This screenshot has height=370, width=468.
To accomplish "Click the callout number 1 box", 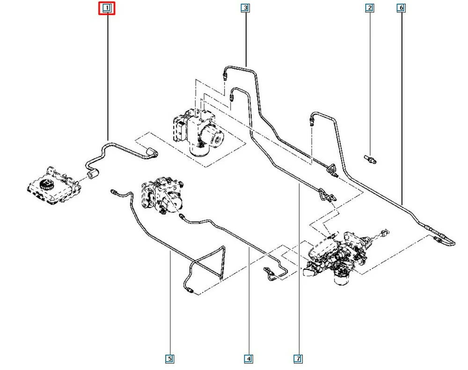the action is point(107,8).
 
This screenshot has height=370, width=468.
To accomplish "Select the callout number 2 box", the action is point(370,8).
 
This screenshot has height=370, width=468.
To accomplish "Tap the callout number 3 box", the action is point(245,8).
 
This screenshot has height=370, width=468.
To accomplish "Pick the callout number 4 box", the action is point(249,359).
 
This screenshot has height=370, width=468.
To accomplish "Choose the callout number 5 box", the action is point(169,359).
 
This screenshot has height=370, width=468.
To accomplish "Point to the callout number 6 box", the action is point(401,8).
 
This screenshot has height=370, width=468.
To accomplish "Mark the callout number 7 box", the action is point(298,359).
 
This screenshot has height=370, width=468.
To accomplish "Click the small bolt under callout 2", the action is point(370,159).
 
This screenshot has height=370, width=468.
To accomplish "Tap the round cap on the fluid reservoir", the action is point(46,184).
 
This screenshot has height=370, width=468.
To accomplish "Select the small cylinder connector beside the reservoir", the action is point(93,174).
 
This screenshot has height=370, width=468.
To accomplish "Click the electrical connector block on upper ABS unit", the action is point(180,129).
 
